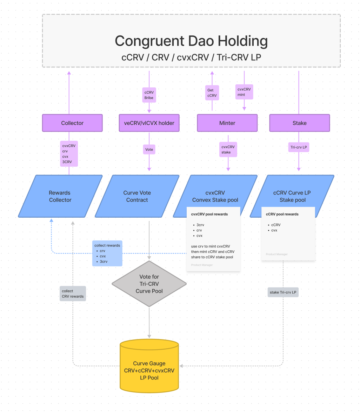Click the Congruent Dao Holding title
coord(191,41)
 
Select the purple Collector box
coord(72,123)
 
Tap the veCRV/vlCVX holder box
coord(149,123)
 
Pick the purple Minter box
coord(227,123)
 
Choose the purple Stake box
coord(299,123)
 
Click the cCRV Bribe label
coord(149,95)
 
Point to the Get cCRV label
coord(212,93)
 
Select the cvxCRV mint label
coord(244,92)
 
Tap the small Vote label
coord(149,150)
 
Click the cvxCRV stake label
coord(228,150)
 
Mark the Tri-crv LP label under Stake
coord(299,147)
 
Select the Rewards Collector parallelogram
coord(60,196)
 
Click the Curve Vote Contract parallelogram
coord(137,196)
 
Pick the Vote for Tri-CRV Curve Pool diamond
coord(149,284)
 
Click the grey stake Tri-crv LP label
coord(283,292)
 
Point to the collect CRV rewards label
coord(73,293)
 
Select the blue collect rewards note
coord(107,253)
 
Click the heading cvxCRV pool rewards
coord(209,214)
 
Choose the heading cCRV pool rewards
coord(282,214)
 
